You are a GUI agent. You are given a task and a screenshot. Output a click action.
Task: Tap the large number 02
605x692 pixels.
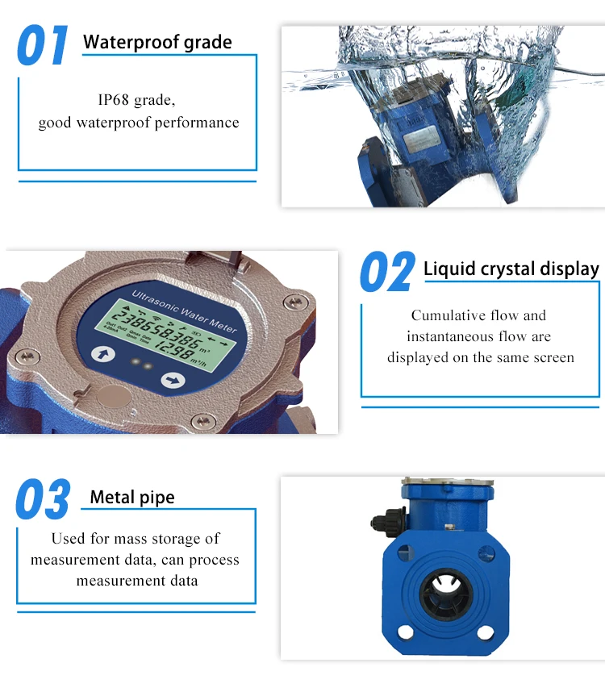[x=387, y=272]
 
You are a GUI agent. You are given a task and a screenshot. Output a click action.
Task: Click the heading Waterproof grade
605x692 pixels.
[x=157, y=42]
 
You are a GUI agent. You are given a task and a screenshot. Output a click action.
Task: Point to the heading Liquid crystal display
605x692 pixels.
[x=511, y=269]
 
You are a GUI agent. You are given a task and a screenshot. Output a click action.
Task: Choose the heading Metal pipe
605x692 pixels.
[x=132, y=497]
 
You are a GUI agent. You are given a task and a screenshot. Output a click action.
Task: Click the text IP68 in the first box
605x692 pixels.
[x=114, y=100]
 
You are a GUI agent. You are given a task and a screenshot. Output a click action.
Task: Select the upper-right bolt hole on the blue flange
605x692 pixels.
[x=485, y=553]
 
